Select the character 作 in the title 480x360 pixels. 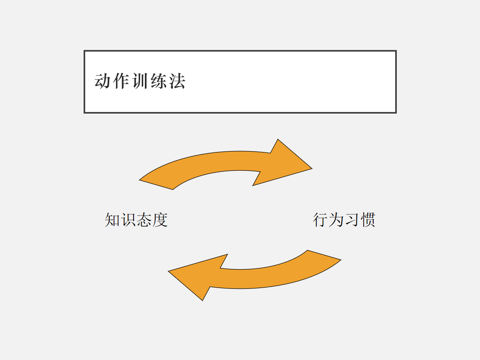tap(121, 81)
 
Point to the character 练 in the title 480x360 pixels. tap(158, 81)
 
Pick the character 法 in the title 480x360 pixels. tap(177, 81)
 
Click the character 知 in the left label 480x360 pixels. tap(113, 220)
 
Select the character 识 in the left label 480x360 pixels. tap(128, 220)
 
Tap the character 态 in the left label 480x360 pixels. tap(144, 220)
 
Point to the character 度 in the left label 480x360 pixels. tap(160, 220)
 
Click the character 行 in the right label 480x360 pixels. tap(320, 220)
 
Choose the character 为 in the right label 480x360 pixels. tap(336, 220)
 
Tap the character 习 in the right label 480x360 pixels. tap(352, 220)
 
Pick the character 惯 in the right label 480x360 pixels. tap(367, 220)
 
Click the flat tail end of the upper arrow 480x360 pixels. tap(156, 184)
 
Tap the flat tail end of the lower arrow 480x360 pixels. tap(324, 255)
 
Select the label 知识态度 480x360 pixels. tap(136, 220)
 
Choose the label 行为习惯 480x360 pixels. tap(344, 220)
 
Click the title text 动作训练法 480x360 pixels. tap(140, 81)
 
